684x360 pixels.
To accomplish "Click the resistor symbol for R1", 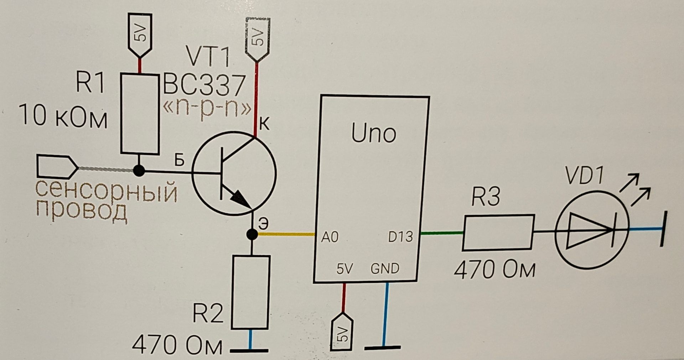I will pos(140,114).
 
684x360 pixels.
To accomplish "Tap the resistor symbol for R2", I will pos(250,292).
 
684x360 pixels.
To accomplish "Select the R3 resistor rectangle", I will pos(498,232).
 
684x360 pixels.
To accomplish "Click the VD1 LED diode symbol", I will pos(591,230).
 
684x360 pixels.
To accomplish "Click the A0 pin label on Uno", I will pos(330,237).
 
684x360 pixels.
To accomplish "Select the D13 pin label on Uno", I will pos(400,237).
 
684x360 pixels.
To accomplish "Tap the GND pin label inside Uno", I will pos(385,268).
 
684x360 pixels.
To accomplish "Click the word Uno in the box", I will pos(373,134).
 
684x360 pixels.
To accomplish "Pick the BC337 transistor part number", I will pos(204,85).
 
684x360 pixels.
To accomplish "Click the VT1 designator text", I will pos(208,57).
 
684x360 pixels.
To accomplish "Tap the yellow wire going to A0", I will pos(285,234).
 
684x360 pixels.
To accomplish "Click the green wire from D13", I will pos(442,233).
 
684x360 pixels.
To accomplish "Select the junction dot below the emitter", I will pos(252,234).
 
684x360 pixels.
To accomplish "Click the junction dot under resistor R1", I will pos(139,171).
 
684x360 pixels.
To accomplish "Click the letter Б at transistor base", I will pos(179,161).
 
